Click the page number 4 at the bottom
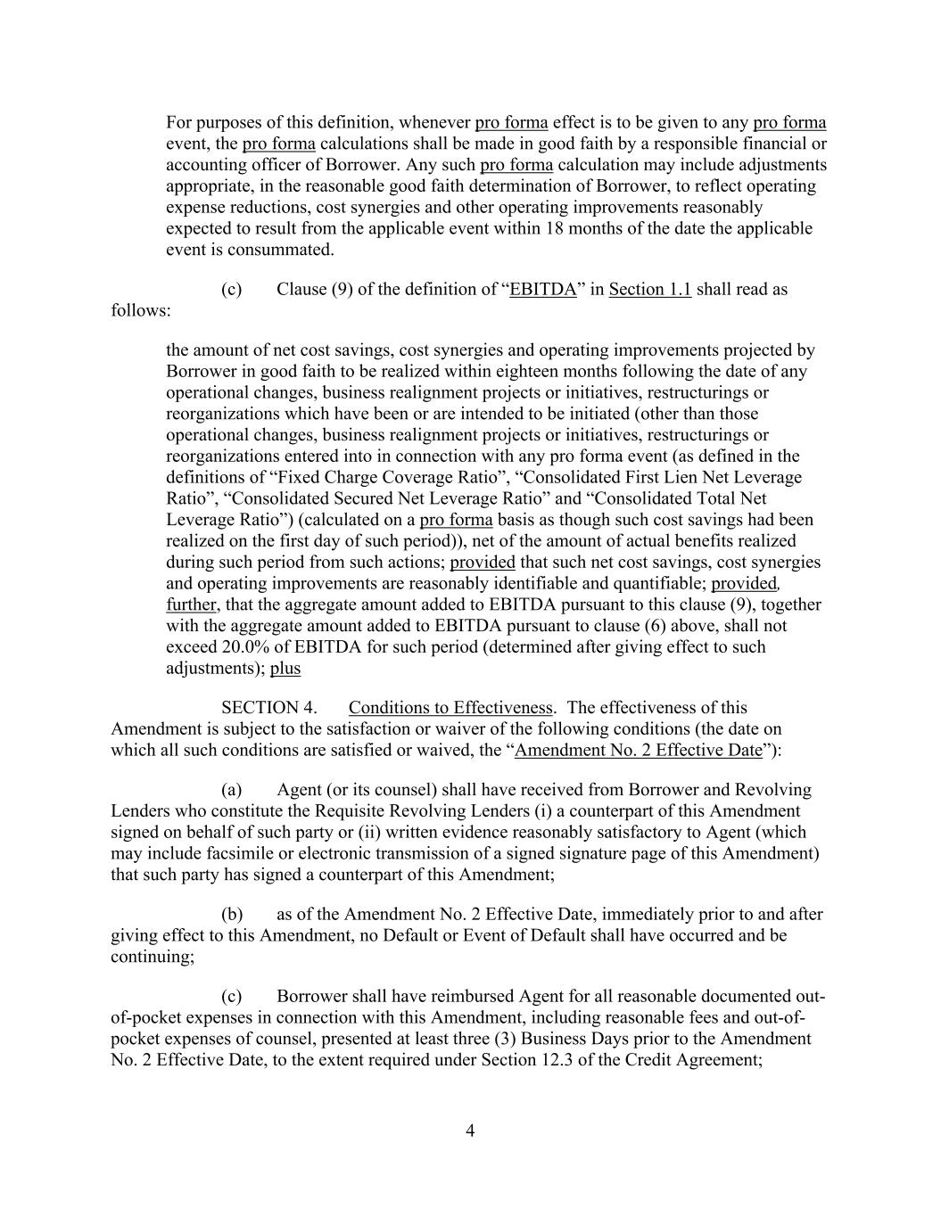(470, 1131)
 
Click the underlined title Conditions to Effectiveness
(450, 708)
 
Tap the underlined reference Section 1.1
(649, 290)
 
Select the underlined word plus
(285, 669)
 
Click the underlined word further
(191, 604)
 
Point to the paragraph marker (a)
(232, 790)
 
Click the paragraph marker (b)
(232, 915)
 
